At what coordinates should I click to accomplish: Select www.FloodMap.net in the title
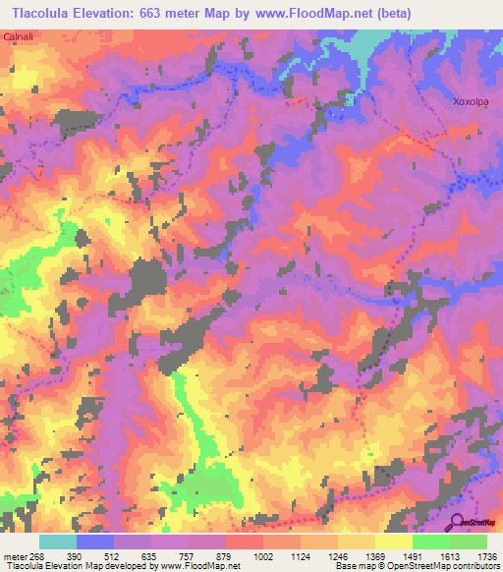[x=324, y=12]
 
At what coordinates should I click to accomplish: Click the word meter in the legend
[x=14, y=555]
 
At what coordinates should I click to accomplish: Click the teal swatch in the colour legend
[x=58, y=542]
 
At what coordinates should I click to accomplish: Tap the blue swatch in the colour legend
[x=95, y=542]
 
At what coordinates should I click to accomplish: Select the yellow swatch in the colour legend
[x=394, y=542]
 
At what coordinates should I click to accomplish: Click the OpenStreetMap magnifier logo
[x=459, y=522]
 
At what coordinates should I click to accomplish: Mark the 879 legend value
[x=226, y=555]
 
